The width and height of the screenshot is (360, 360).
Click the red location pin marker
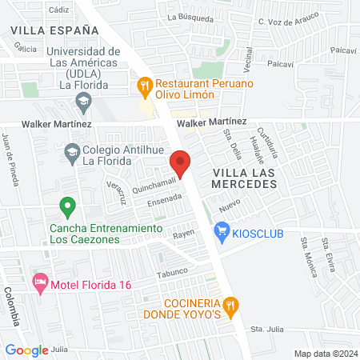click(x=181, y=163)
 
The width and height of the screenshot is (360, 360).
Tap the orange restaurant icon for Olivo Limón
click(x=145, y=83)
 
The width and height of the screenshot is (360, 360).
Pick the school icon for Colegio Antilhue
click(x=72, y=152)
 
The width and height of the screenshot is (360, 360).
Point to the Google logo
click(x=26, y=350)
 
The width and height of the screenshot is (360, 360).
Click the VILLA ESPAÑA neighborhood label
click(x=55, y=30)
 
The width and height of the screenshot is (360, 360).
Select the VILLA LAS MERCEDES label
click(x=244, y=178)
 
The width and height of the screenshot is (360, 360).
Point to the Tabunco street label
click(x=171, y=271)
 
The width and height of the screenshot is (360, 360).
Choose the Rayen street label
click(x=185, y=234)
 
